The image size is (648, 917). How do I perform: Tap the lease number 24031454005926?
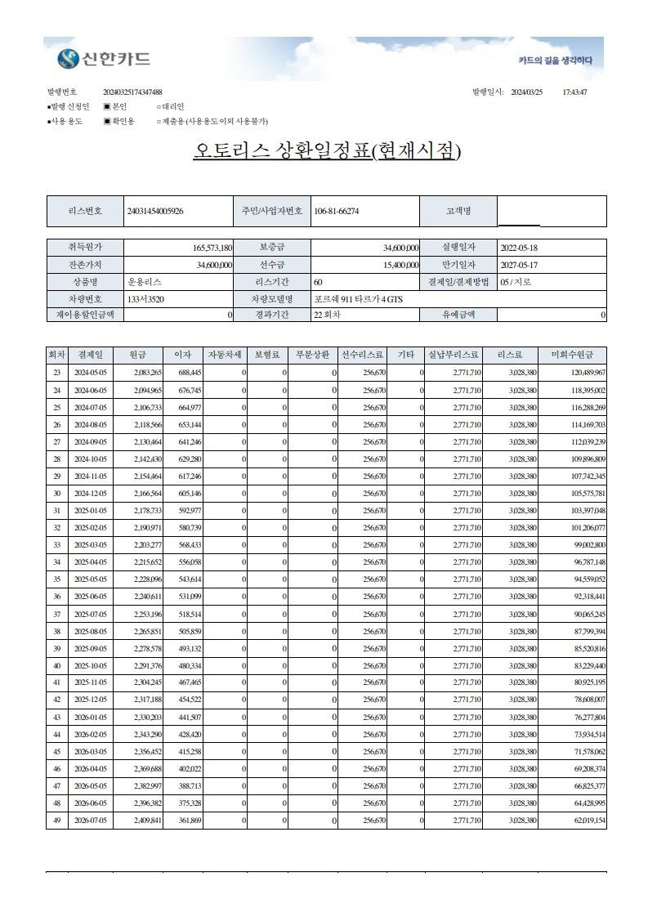(x=155, y=211)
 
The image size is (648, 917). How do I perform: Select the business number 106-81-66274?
(x=336, y=211)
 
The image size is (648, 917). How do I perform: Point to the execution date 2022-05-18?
(x=518, y=248)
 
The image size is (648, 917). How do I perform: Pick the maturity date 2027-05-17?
(x=518, y=265)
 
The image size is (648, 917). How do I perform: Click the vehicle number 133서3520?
(x=145, y=299)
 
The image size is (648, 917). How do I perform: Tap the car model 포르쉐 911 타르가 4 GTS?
(x=358, y=299)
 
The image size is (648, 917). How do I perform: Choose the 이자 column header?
(x=183, y=356)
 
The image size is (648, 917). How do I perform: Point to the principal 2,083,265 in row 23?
(x=148, y=373)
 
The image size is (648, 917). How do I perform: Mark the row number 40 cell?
(x=56, y=666)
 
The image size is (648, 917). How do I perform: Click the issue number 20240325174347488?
(x=132, y=92)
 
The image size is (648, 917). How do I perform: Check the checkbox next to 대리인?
(x=159, y=106)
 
